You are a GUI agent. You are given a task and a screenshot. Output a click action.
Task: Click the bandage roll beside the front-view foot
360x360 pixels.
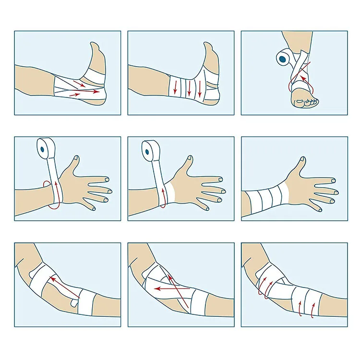[x=283, y=59]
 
